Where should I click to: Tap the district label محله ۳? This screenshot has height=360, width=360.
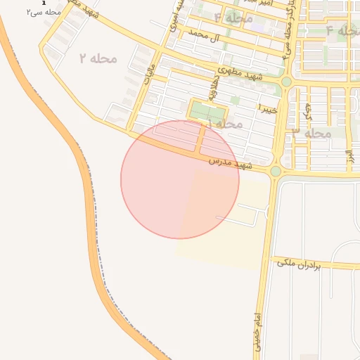[311, 132]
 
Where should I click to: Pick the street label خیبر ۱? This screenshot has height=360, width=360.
[268, 109]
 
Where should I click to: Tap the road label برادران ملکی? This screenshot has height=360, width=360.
[298, 264]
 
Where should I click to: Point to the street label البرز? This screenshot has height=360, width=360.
[349, 156]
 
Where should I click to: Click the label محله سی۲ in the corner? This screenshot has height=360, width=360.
[44, 12]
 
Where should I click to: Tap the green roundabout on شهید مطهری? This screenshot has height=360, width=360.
[286, 82]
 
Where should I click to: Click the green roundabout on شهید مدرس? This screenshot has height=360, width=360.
[276, 171]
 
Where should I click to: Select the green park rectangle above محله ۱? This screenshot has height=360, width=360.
[207, 112]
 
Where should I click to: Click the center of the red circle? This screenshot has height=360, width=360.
[180, 179]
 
